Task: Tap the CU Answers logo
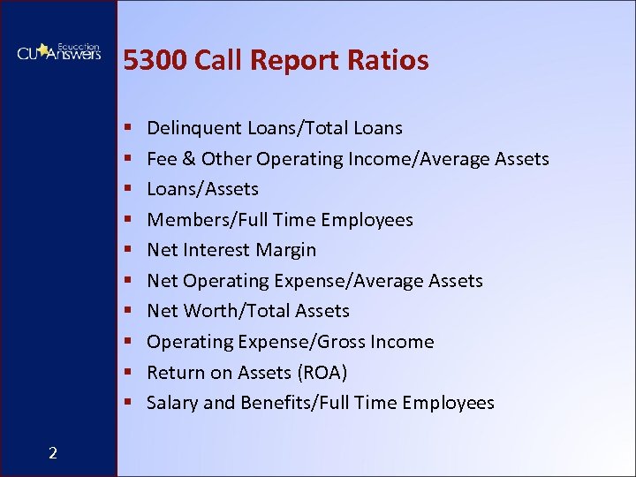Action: coord(58,52)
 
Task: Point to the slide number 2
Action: coord(53,453)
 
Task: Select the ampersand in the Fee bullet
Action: coord(187,159)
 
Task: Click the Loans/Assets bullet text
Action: coord(202,189)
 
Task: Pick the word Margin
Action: coord(285,250)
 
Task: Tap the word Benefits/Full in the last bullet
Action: coord(294,403)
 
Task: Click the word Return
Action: coord(176,372)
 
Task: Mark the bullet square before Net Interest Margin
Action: coord(128,251)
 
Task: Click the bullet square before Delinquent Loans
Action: coord(128,129)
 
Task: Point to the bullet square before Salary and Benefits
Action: coord(128,404)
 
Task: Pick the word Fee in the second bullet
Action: coord(162,159)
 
